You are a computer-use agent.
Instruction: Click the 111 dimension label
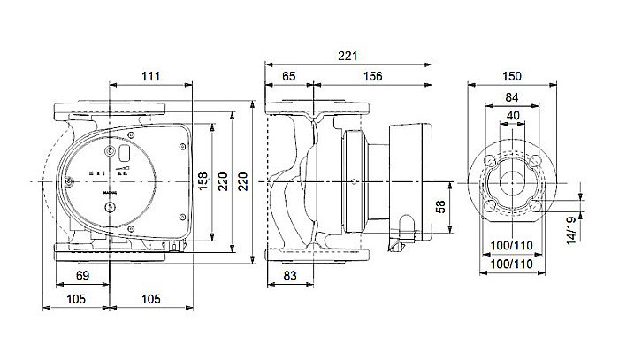pyautogui.click(x=151, y=78)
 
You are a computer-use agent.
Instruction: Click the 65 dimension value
pyautogui.click(x=288, y=78)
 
